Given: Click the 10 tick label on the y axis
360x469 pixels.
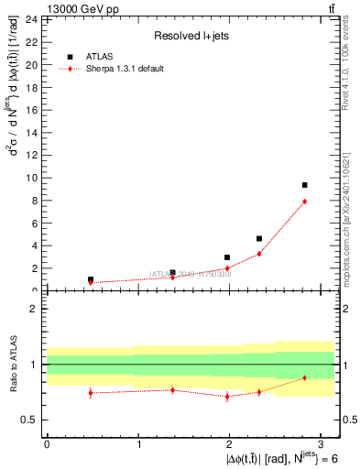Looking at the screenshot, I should tap(32, 178).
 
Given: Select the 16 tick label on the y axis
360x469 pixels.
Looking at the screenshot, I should tap(32, 110).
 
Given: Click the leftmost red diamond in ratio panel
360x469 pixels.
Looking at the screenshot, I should tap(90, 393).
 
